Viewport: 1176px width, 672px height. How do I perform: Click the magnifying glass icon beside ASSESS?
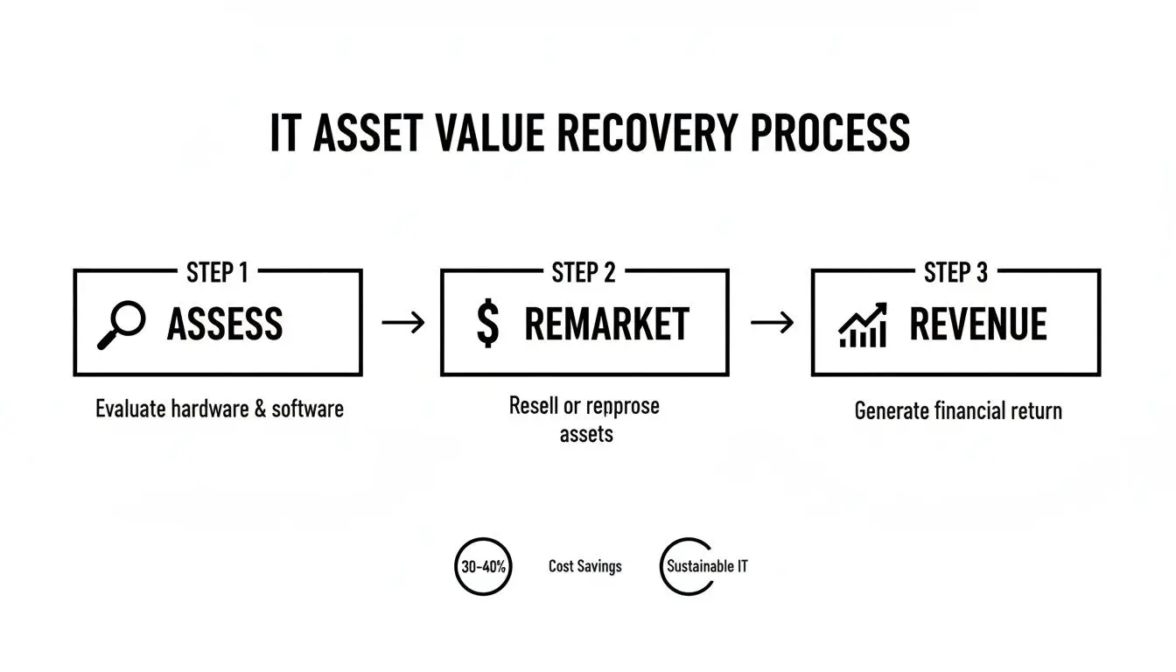tap(121, 325)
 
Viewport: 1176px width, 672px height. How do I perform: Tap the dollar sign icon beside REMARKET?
tap(488, 325)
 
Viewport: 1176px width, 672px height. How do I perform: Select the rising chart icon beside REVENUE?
tap(863, 325)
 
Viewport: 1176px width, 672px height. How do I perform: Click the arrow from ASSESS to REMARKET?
tap(402, 323)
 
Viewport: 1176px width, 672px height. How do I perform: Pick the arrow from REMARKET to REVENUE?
tap(772, 323)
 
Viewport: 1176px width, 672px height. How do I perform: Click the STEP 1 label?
tap(217, 273)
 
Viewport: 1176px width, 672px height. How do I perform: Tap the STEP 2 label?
tap(584, 273)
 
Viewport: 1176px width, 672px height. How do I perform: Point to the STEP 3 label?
tap(955, 273)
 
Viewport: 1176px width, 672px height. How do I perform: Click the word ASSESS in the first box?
tap(225, 325)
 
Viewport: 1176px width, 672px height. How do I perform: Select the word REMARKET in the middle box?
tap(606, 325)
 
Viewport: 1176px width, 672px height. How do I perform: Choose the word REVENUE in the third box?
tap(978, 325)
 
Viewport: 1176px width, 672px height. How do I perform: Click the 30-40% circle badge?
tap(482, 566)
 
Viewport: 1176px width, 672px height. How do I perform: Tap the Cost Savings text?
tap(584, 566)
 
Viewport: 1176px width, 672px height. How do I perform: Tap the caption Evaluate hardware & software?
tap(220, 409)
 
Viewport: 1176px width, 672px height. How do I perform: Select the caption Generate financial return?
tap(958, 410)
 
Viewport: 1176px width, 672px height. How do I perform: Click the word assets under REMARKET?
tap(586, 434)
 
